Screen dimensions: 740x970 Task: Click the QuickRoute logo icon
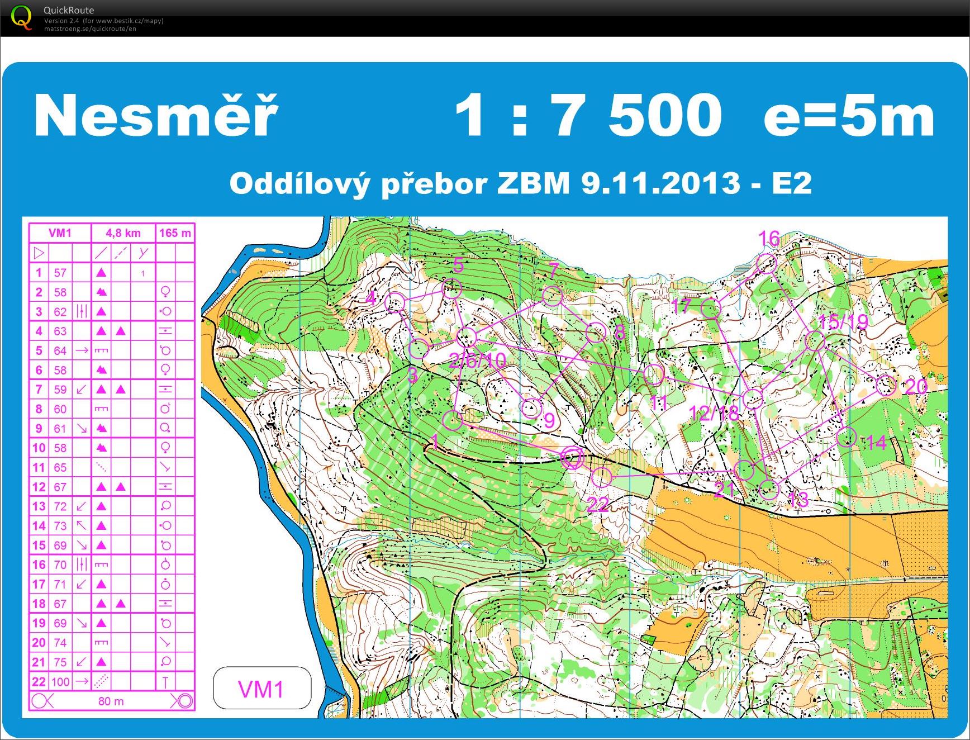click(21, 17)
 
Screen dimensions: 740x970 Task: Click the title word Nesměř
click(155, 116)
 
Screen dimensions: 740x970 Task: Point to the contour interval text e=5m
click(848, 116)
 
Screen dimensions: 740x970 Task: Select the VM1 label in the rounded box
click(261, 689)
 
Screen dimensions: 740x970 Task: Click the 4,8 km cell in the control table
click(123, 233)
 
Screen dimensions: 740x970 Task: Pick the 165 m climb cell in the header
click(175, 233)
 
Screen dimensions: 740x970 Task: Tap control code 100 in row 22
click(60, 682)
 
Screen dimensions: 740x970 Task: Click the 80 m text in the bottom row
click(111, 701)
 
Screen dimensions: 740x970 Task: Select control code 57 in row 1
click(60, 273)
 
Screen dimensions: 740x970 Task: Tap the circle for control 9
click(531, 408)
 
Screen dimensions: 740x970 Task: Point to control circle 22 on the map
click(601, 477)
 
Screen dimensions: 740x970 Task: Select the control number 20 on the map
click(915, 387)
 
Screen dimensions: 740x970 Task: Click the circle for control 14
click(847, 437)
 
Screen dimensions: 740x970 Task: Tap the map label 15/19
click(843, 321)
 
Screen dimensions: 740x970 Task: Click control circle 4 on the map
click(395, 302)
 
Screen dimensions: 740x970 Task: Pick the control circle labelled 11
click(653, 373)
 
